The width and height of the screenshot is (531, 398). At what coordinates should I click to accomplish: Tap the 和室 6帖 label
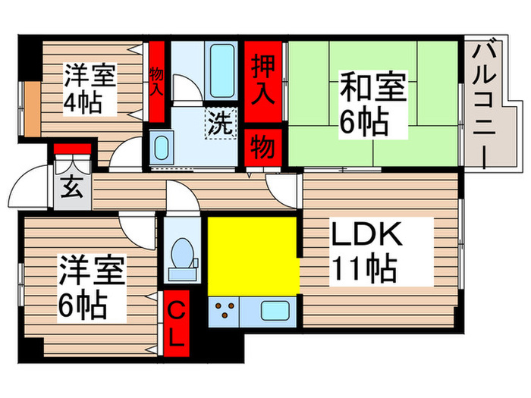coord(365,102)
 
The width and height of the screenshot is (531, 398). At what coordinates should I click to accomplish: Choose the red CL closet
coord(175,322)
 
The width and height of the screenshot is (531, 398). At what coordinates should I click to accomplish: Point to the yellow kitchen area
coord(252,254)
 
